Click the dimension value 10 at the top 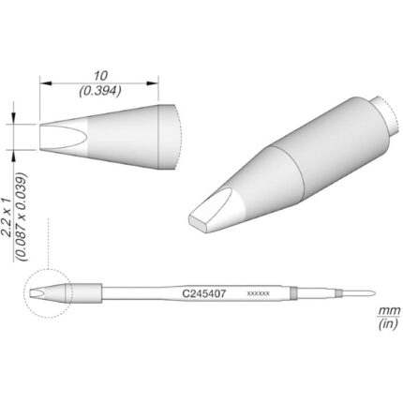tap(101, 76)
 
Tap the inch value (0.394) tap(100, 91)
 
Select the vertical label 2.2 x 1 tap(7, 217)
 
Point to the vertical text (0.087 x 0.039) tap(22, 216)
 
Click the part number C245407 tap(204, 293)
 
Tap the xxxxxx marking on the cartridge tap(258, 293)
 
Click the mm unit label tap(389, 311)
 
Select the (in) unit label tap(388, 324)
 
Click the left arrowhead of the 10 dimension tap(45, 83)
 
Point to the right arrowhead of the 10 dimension tap(153, 83)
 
